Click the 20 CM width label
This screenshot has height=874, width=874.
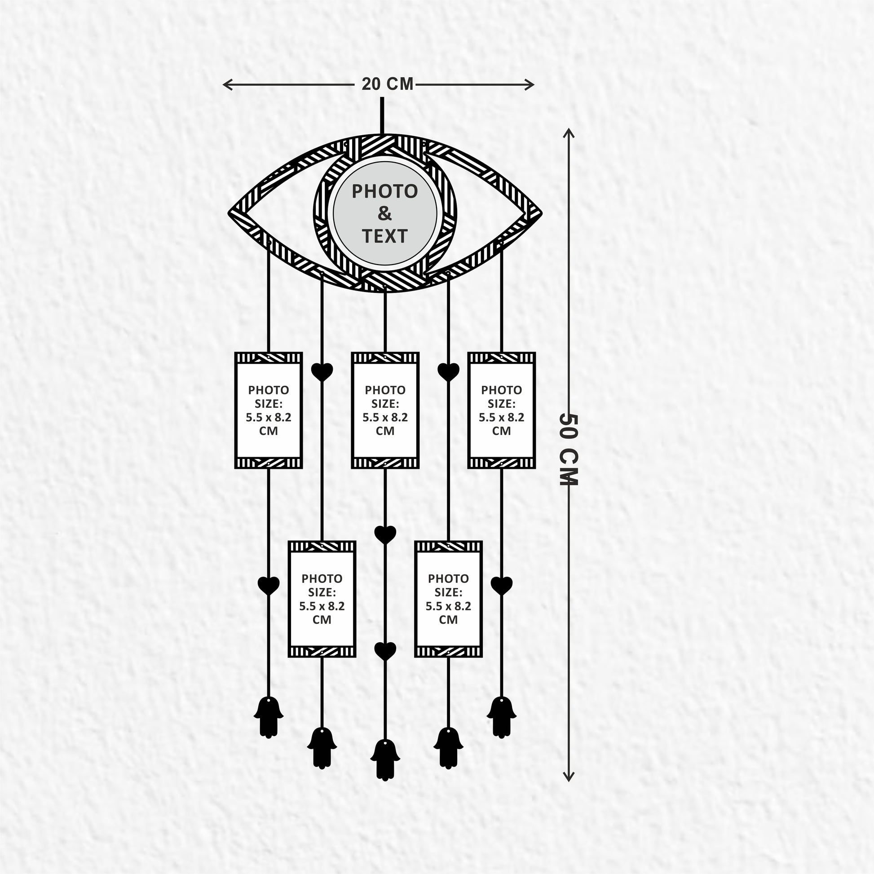click(x=387, y=84)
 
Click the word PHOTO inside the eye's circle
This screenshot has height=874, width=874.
click(x=384, y=191)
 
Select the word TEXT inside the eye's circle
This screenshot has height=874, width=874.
click(x=384, y=236)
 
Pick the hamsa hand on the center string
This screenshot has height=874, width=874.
click(x=385, y=761)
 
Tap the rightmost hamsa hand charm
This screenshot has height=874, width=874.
click(x=502, y=717)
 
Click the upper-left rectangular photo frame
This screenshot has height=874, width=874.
click(x=269, y=410)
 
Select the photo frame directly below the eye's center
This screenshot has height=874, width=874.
click(x=385, y=410)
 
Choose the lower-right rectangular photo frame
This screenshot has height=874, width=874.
click(x=448, y=599)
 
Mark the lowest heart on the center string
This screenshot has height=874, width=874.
click(x=385, y=651)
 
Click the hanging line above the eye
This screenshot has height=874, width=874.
click(x=383, y=116)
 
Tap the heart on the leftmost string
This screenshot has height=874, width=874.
click(x=269, y=586)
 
